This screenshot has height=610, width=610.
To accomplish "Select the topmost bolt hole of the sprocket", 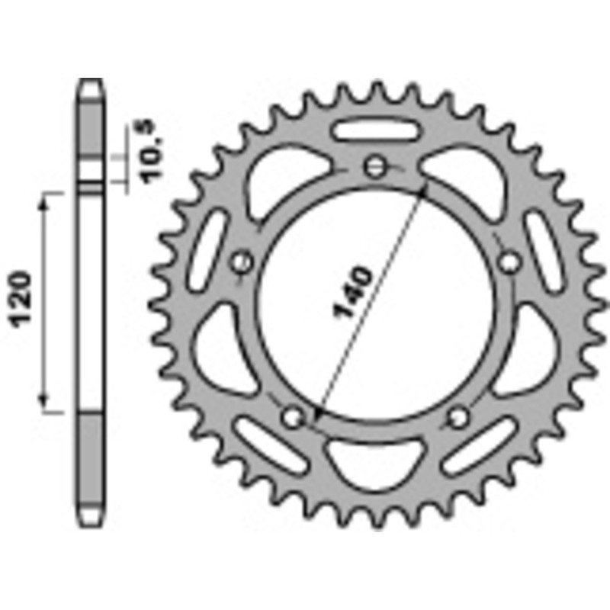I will [x=373, y=166].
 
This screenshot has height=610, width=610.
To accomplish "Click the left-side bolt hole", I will [x=242, y=262].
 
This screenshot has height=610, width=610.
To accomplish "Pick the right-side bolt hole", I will [x=508, y=262].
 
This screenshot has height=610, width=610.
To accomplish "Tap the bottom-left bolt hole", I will [x=293, y=416].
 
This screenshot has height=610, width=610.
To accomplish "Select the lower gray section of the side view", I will [x=91, y=465].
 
